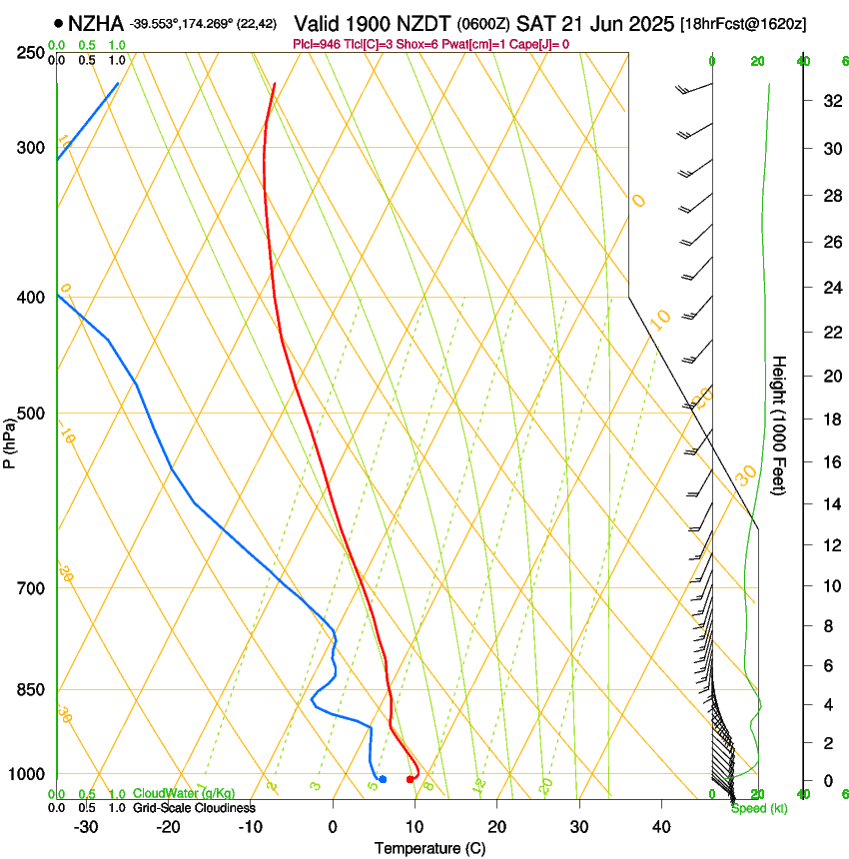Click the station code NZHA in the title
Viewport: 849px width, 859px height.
pyautogui.click(x=99, y=22)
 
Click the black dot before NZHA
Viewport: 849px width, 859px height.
pyautogui.click(x=59, y=23)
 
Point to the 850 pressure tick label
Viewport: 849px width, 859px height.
pyautogui.click(x=31, y=690)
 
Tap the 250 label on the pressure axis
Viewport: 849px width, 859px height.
pyautogui.click(x=31, y=53)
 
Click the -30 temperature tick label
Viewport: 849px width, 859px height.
pyautogui.click(x=85, y=827)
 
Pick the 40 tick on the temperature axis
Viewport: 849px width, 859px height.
pyautogui.click(x=661, y=827)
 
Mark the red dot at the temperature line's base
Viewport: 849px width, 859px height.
pyautogui.click(x=411, y=779)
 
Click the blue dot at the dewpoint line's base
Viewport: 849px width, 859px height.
pyautogui.click(x=383, y=779)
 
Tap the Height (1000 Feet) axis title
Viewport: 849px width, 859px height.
pyautogui.click(x=780, y=425)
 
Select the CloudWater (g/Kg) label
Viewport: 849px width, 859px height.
pyautogui.click(x=184, y=794)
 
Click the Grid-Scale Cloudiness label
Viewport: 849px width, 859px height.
pyautogui.click(x=194, y=808)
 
